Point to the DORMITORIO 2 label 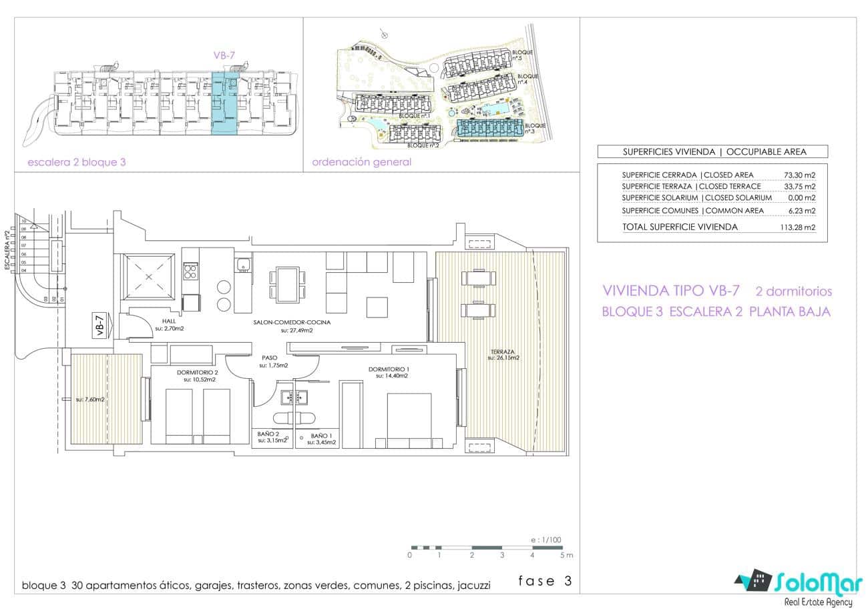[198, 372]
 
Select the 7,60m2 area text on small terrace [90, 400]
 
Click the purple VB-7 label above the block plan [219, 57]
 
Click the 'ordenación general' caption [361, 162]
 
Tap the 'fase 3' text [545, 581]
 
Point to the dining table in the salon [288, 283]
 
